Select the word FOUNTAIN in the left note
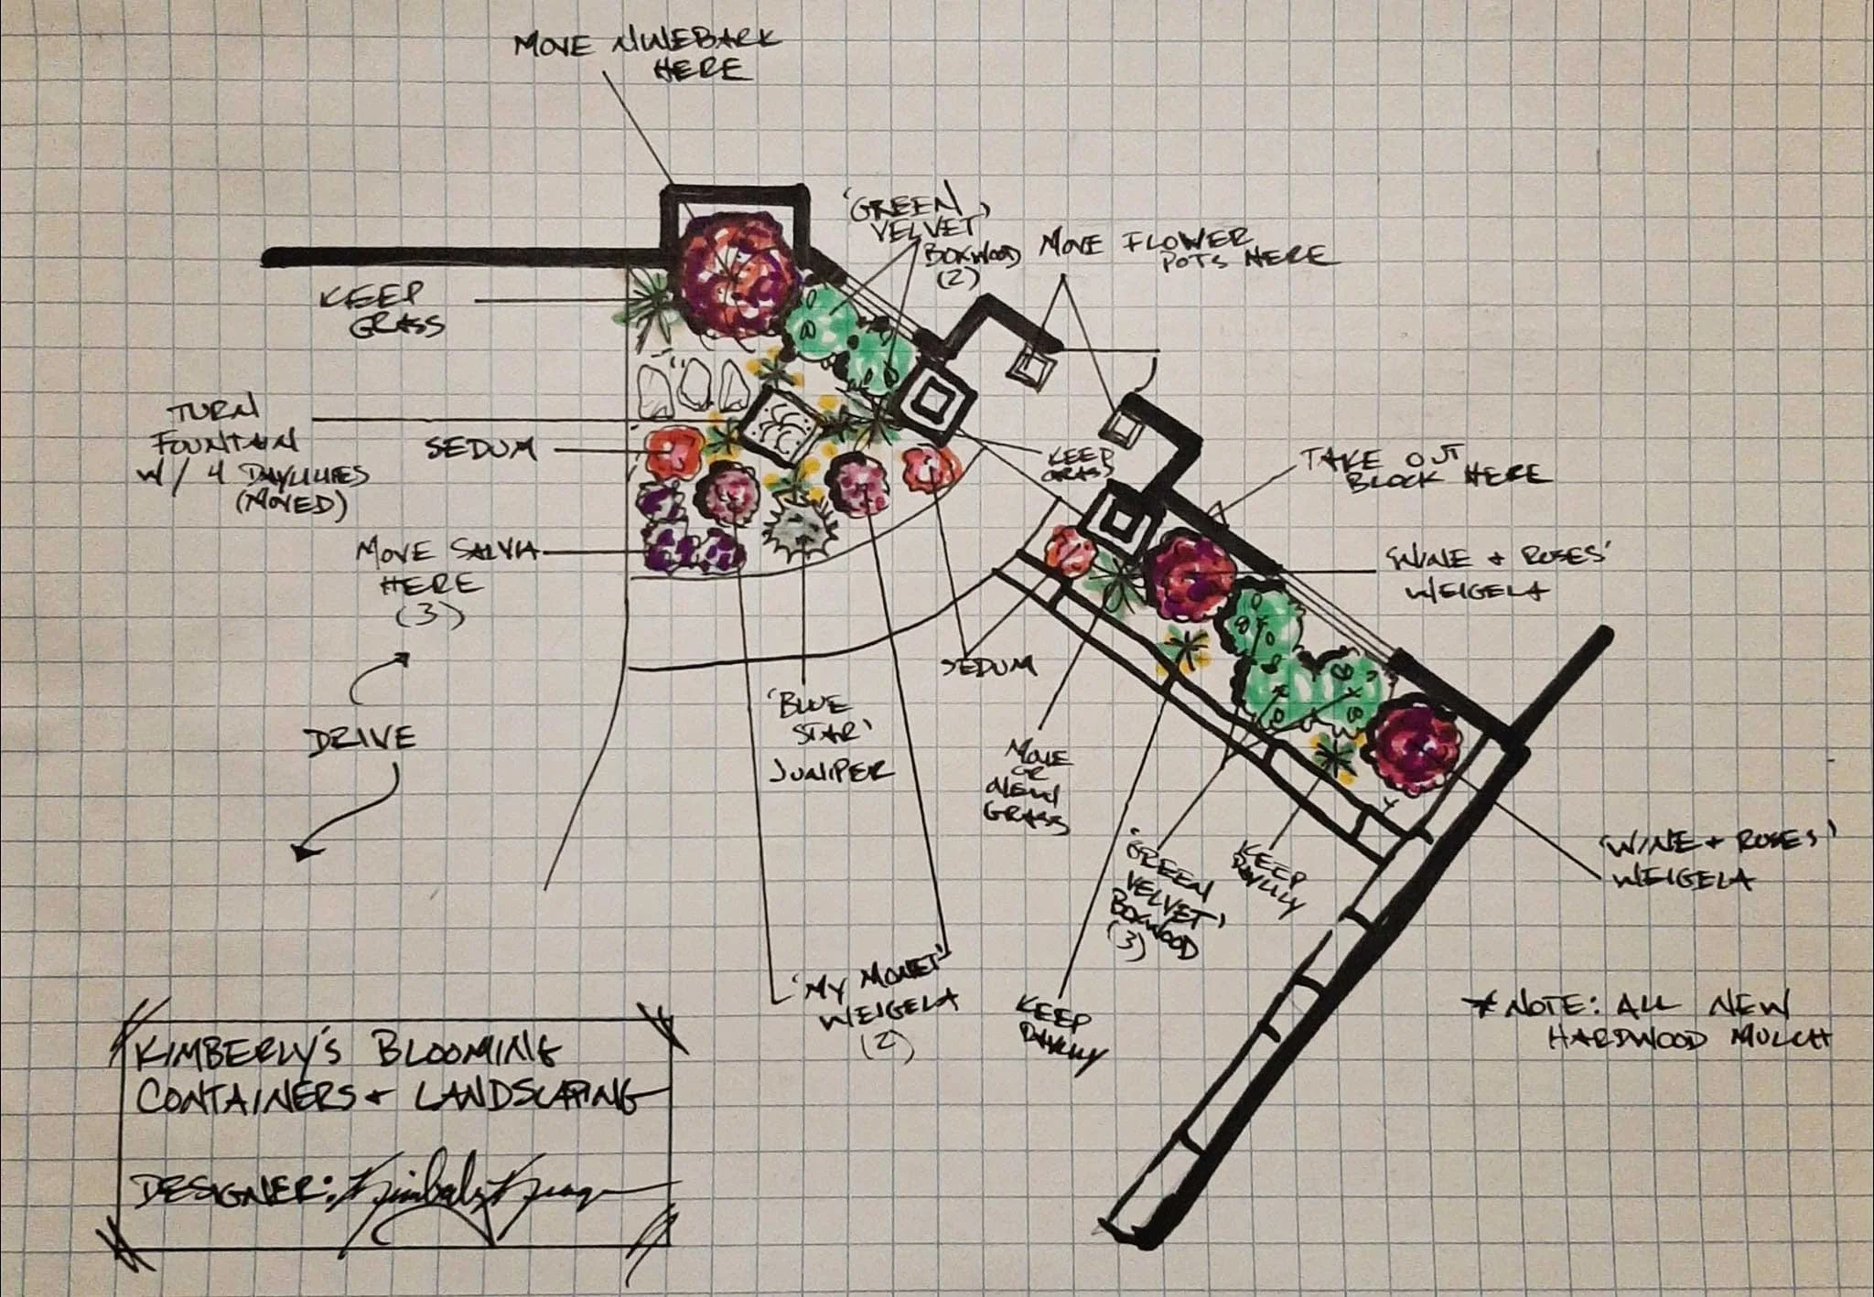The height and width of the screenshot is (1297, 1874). point(229,445)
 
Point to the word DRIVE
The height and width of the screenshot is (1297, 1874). point(359,737)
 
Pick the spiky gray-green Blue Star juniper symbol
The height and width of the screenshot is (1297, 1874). point(802,535)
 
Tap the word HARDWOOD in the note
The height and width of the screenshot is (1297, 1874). point(1625,1040)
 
